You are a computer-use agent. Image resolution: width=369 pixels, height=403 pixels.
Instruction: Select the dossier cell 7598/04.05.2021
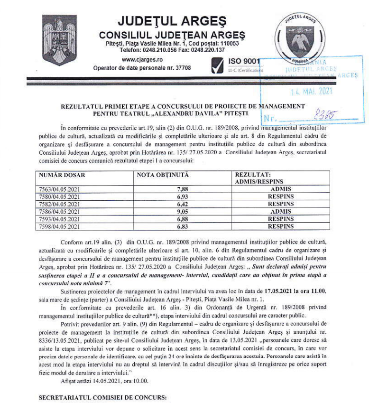(x=59, y=227)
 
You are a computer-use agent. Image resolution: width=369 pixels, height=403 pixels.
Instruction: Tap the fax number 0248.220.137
(x=209, y=49)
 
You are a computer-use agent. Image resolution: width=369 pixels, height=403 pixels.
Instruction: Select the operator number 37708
(x=182, y=68)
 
